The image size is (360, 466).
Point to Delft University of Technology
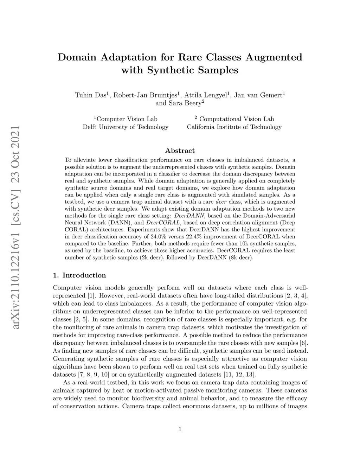(x=126, y=127)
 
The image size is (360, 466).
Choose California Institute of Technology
(x=234, y=127)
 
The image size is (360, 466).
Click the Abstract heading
(x=180, y=151)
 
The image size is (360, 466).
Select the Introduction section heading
(x=84, y=275)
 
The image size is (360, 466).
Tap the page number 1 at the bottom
(x=180, y=429)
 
